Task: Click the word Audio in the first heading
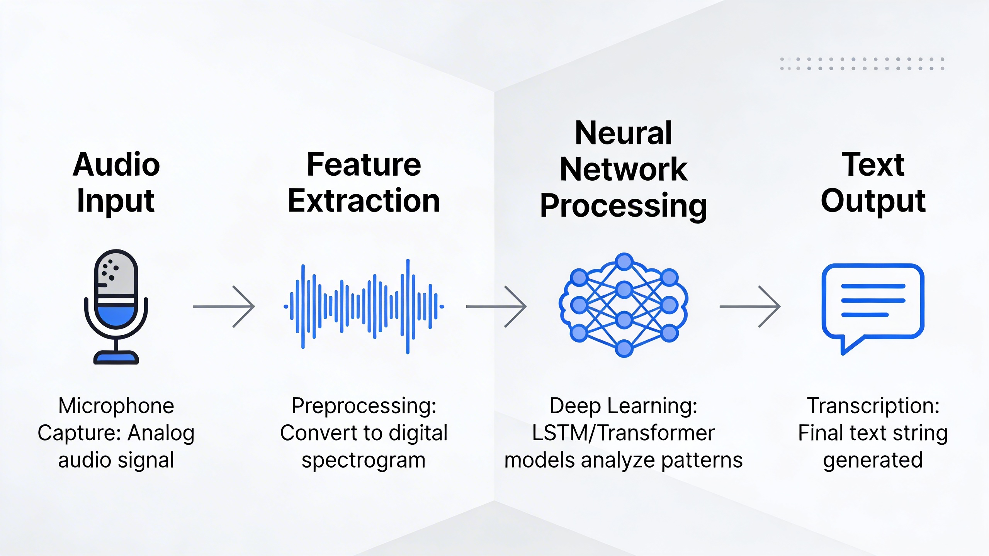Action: pos(116,164)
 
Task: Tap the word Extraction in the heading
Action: pos(364,201)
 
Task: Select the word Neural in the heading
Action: pos(623,133)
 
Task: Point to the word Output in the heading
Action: pos(873,201)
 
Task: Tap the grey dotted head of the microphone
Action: pos(116,272)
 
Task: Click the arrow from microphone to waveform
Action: pos(224,307)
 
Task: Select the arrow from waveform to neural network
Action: pos(496,307)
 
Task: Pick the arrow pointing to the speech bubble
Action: pos(749,307)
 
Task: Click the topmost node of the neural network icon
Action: pos(624,262)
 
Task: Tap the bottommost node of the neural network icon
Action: pos(624,349)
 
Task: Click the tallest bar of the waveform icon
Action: pos(408,307)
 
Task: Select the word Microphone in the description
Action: pos(116,406)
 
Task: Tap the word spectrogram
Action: pos(364,460)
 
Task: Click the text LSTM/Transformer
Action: pos(623,433)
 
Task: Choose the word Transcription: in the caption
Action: pos(873,406)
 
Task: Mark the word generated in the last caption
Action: pos(873,460)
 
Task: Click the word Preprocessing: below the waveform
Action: pos(364,406)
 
